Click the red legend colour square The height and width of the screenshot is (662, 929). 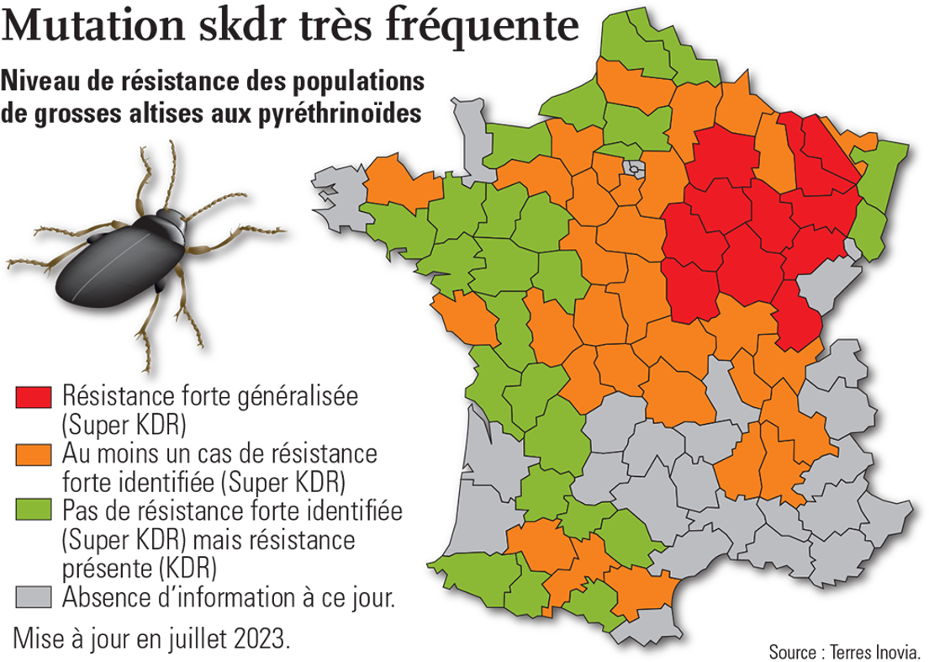(34, 396)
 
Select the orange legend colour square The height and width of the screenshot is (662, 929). (34, 455)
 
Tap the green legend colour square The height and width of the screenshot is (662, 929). (34, 511)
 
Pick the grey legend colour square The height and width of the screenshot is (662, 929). (34, 596)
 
